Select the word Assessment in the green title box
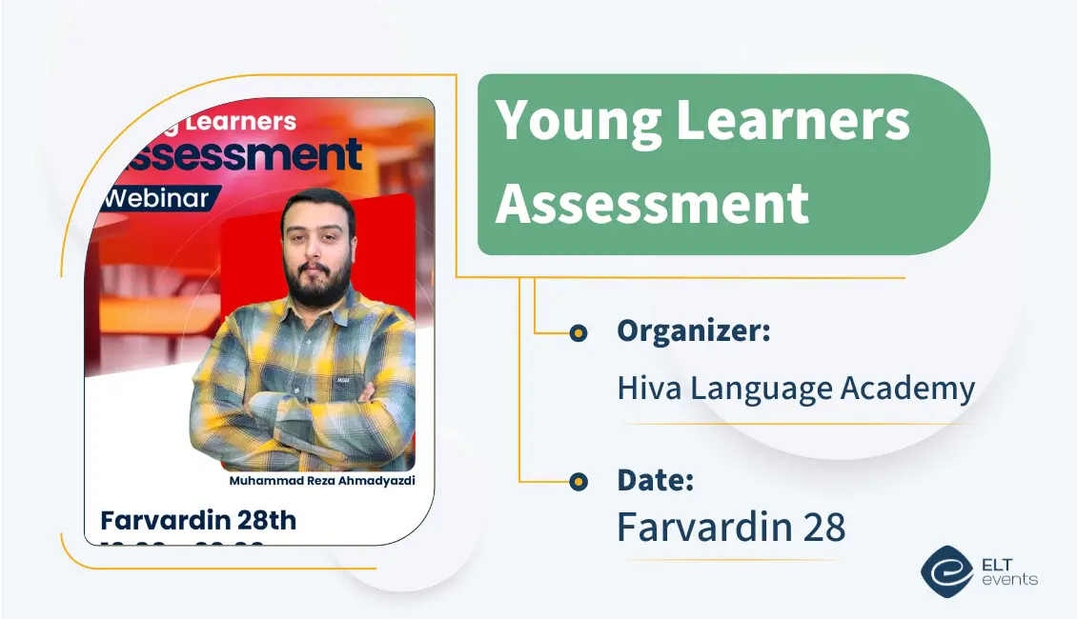pyautogui.click(x=652, y=204)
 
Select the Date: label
pyautogui.click(x=655, y=481)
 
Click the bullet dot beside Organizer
pyautogui.click(x=578, y=333)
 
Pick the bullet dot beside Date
pyautogui.click(x=578, y=483)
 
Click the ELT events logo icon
pyautogui.click(x=945, y=571)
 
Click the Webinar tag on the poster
pyautogui.click(x=158, y=199)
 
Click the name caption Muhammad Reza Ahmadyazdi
pyautogui.click(x=322, y=481)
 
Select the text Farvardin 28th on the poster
pyautogui.click(x=198, y=521)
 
